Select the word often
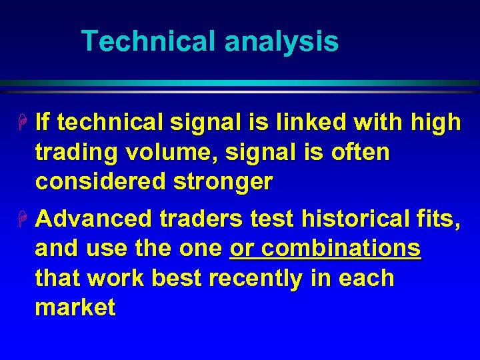(359, 152)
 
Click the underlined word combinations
(341, 249)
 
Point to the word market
(75, 308)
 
